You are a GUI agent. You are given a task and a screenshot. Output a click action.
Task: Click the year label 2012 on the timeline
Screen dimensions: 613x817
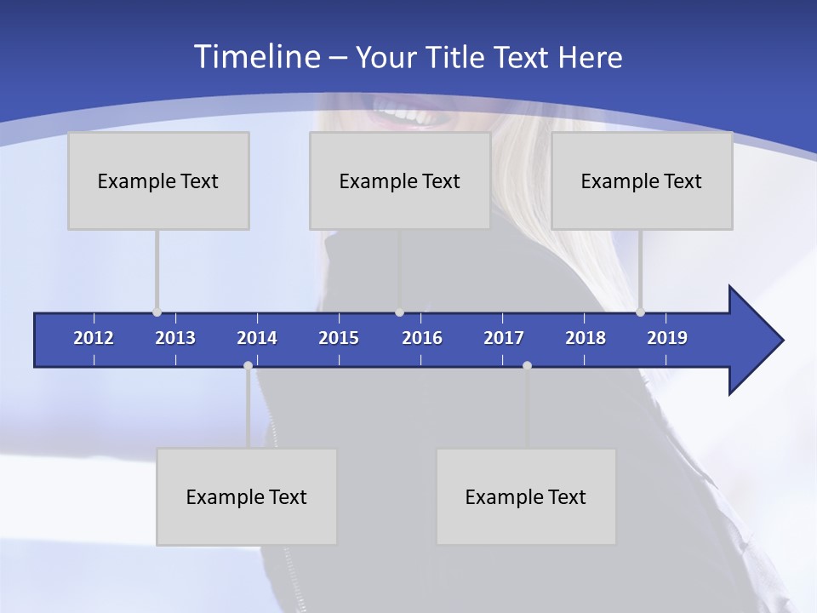pos(94,338)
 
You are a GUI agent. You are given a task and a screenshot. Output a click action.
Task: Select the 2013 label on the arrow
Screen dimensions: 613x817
pos(175,338)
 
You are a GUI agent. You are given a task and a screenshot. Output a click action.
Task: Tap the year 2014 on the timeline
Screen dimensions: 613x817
pos(257,338)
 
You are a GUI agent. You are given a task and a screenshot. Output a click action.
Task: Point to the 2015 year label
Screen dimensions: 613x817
pos(339,338)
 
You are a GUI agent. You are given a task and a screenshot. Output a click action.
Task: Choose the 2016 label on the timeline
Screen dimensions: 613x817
pos(422,338)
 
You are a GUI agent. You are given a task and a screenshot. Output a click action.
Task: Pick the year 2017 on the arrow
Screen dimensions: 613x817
pos(504,338)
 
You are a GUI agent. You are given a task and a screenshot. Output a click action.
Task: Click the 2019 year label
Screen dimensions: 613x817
pos(667,338)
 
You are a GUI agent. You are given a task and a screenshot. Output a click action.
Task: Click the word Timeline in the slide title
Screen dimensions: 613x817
pos(255,56)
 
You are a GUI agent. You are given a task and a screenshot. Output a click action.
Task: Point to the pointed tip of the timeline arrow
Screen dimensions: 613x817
pos(781,341)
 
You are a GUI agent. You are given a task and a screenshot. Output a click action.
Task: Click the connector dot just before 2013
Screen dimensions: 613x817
pos(157,312)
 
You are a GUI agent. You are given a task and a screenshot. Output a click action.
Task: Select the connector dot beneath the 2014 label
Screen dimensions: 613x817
pos(248,366)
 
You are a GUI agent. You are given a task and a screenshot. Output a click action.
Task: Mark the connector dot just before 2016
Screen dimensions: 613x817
pos(399,312)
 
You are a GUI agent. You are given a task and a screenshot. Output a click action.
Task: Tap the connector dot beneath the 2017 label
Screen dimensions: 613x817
pos(527,366)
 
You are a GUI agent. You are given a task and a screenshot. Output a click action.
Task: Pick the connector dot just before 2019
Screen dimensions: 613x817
pos(640,312)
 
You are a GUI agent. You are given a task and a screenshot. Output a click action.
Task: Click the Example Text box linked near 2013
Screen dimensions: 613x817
pos(158,180)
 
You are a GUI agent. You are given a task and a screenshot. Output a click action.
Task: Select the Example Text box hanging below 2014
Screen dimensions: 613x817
pos(247,496)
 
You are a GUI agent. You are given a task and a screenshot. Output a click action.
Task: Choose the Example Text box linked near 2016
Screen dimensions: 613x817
pos(400,180)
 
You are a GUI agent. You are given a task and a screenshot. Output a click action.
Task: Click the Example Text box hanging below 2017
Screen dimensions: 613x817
pos(526,496)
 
